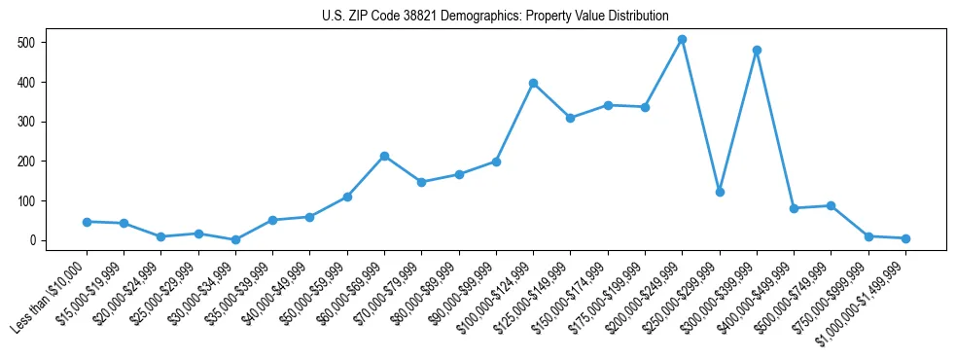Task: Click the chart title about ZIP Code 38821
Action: point(495,17)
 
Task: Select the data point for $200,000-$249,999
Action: point(682,40)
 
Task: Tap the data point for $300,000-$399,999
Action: point(757,51)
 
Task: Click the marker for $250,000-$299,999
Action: point(720,192)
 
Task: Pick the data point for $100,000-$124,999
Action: point(533,84)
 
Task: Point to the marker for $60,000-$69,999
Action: point(384,156)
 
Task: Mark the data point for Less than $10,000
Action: point(87,222)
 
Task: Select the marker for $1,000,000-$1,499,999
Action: point(905,238)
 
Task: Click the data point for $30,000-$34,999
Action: point(235,239)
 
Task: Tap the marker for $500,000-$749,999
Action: point(831,205)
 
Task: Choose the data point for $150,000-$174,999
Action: point(608,105)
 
